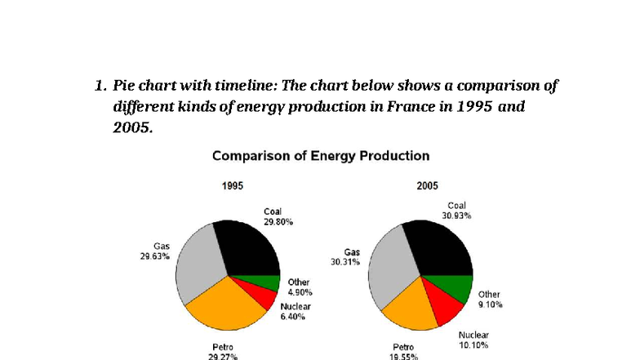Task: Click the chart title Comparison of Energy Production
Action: (320, 155)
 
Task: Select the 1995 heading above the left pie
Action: (232, 186)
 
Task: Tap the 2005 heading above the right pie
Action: (426, 186)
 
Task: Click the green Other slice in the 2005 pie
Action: (458, 288)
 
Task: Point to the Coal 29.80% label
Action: (278, 216)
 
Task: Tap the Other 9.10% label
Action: (489, 299)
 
